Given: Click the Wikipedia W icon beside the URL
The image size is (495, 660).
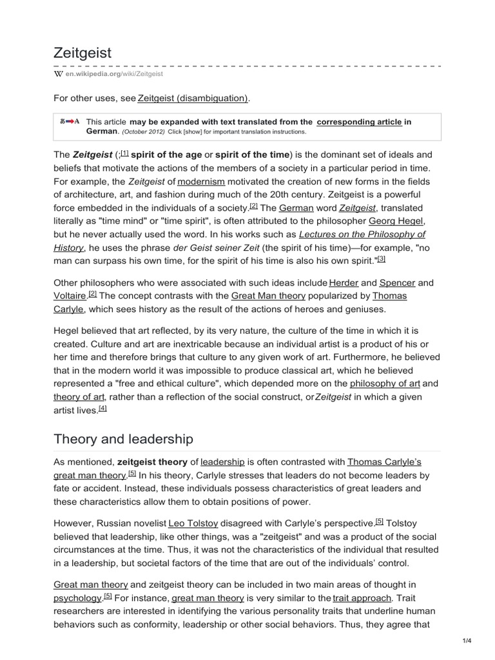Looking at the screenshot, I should pos(58,74).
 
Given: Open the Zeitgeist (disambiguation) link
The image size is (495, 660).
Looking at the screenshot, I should pos(192,98).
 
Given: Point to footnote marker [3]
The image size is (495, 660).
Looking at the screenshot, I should pos(381,258).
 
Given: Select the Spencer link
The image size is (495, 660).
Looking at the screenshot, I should pos(397,282).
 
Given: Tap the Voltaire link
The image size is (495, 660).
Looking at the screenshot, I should pos(69,296).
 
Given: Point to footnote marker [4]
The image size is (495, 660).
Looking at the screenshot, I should pos(102,409).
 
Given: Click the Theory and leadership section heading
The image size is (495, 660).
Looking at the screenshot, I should pos(123,439).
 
